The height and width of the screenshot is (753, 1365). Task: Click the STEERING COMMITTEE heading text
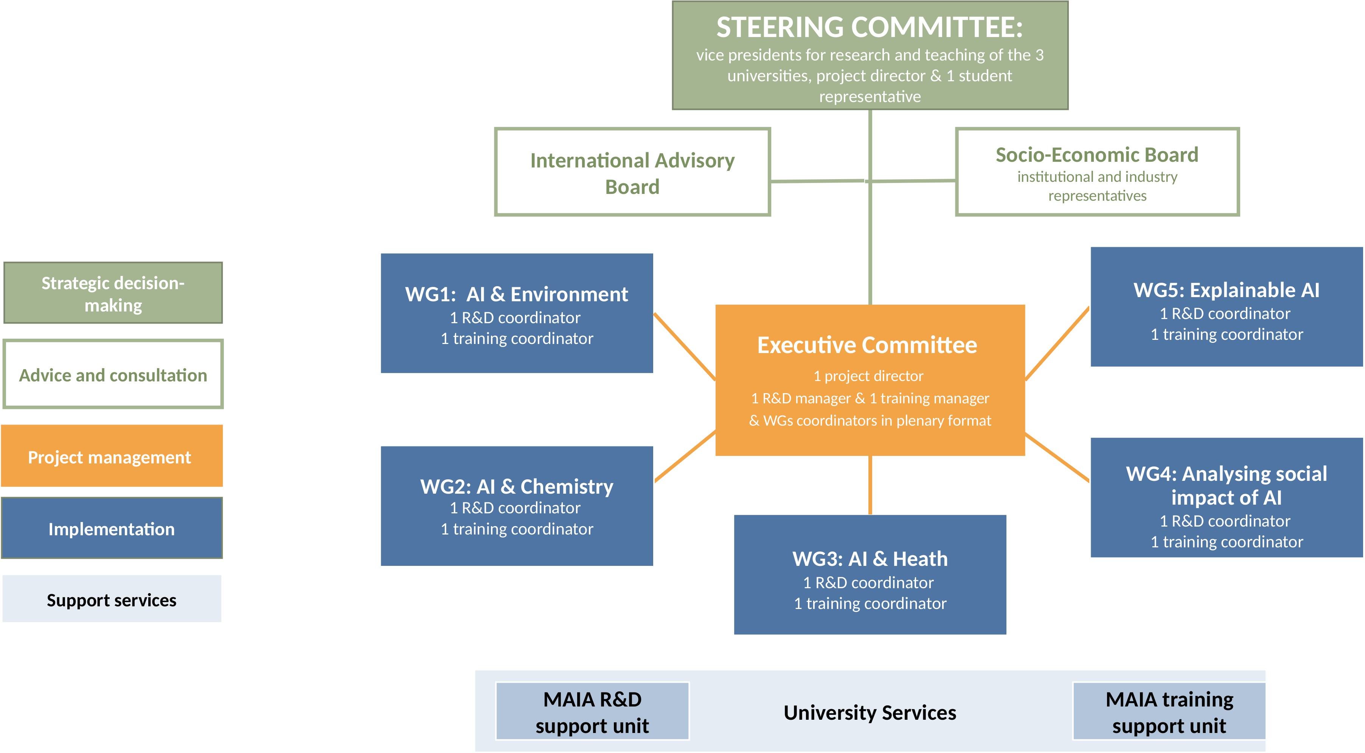[x=870, y=28]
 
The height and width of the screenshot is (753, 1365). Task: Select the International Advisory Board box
[x=632, y=172]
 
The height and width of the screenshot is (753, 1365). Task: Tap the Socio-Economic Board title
[x=1097, y=155]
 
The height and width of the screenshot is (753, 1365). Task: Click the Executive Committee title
[x=867, y=345]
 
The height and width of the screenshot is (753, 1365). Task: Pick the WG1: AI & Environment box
[x=517, y=313]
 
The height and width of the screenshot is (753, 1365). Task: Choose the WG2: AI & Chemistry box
[x=517, y=506]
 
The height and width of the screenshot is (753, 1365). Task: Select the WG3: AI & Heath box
[x=870, y=575]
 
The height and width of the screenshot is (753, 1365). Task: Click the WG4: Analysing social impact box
[x=1226, y=498]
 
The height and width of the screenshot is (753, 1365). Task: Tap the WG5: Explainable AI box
[x=1226, y=307]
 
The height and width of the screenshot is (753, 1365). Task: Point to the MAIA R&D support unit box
[x=592, y=711]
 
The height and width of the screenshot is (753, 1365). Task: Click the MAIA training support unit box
[x=1169, y=711]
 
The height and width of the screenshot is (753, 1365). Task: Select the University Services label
[x=870, y=713]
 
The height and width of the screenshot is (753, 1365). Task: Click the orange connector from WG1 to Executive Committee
[x=685, y=347]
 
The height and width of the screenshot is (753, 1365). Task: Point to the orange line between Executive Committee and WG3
[x=870, y=485]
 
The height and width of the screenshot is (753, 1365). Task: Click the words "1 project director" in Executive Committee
[x=868, y=376]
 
